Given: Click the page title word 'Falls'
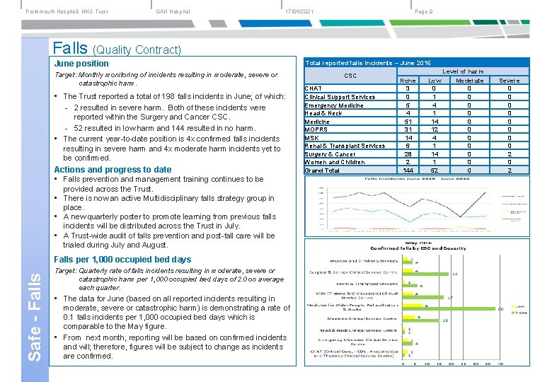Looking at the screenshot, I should click(71, 47).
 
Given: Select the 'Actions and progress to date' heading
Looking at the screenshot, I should click(113, 169).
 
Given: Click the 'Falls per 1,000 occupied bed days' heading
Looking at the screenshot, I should click(122, 260).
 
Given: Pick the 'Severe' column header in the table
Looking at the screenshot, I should click(509, 81).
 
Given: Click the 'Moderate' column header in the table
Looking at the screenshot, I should click(469, 81).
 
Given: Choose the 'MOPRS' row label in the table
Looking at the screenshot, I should click(316, 129).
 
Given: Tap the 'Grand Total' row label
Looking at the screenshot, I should click(322, 170).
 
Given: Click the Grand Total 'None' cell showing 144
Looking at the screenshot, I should click(408, 170).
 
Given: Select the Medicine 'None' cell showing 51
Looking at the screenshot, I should click(408, 122).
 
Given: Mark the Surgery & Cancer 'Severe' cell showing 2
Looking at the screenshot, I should click(509, 154).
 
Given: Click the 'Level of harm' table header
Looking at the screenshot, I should click(464, 71).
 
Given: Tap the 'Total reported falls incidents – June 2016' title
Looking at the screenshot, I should click(367, 63).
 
